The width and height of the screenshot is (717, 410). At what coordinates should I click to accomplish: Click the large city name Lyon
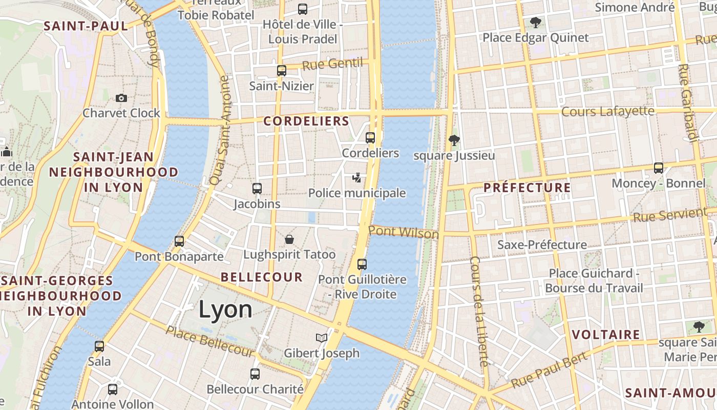225,310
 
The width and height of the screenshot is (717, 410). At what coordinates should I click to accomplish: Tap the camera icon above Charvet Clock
121,98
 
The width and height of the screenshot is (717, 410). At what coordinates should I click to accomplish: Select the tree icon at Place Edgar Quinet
536,23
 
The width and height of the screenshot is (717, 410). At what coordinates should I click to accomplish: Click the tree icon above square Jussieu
454,140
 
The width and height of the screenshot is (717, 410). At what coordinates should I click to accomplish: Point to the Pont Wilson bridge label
404,232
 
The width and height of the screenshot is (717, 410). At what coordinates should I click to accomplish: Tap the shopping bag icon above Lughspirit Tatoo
289,239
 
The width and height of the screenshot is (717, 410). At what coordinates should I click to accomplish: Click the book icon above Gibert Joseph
322,338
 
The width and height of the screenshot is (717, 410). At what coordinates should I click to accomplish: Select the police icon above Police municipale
357,178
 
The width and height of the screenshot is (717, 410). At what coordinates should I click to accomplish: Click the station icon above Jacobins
257,189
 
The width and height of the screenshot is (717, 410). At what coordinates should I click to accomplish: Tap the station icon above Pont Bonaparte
179,241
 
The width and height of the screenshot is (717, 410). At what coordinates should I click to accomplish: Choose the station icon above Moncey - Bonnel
659,168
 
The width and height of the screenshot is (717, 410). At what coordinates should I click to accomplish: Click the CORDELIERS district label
306,121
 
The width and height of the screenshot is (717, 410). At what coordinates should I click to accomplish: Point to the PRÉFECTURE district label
527,188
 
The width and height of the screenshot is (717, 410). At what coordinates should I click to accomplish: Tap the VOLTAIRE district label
606,335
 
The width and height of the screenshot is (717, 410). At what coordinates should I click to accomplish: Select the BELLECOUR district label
262,277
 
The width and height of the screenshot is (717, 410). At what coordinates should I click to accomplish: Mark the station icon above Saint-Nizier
282,71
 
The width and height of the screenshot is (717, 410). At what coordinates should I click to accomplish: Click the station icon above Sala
99,346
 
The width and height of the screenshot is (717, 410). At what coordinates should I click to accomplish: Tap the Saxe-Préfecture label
542,244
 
